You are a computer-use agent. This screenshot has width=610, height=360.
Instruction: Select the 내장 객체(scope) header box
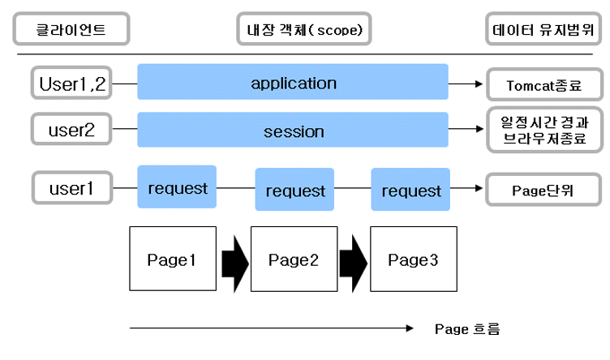pos(303,30)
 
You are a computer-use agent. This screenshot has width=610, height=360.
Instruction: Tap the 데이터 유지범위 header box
pos(538,30)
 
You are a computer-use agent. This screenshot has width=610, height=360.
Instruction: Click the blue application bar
pos(293,82)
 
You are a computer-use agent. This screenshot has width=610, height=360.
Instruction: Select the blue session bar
pos(293,131)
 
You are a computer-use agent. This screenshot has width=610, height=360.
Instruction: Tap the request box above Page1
pos(178,189)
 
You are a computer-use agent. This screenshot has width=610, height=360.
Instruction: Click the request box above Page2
pos(294,191)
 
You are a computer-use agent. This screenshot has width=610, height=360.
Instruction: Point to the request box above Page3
pos(411,191)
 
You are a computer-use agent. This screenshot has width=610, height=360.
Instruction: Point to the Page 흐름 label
pos(467,329)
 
